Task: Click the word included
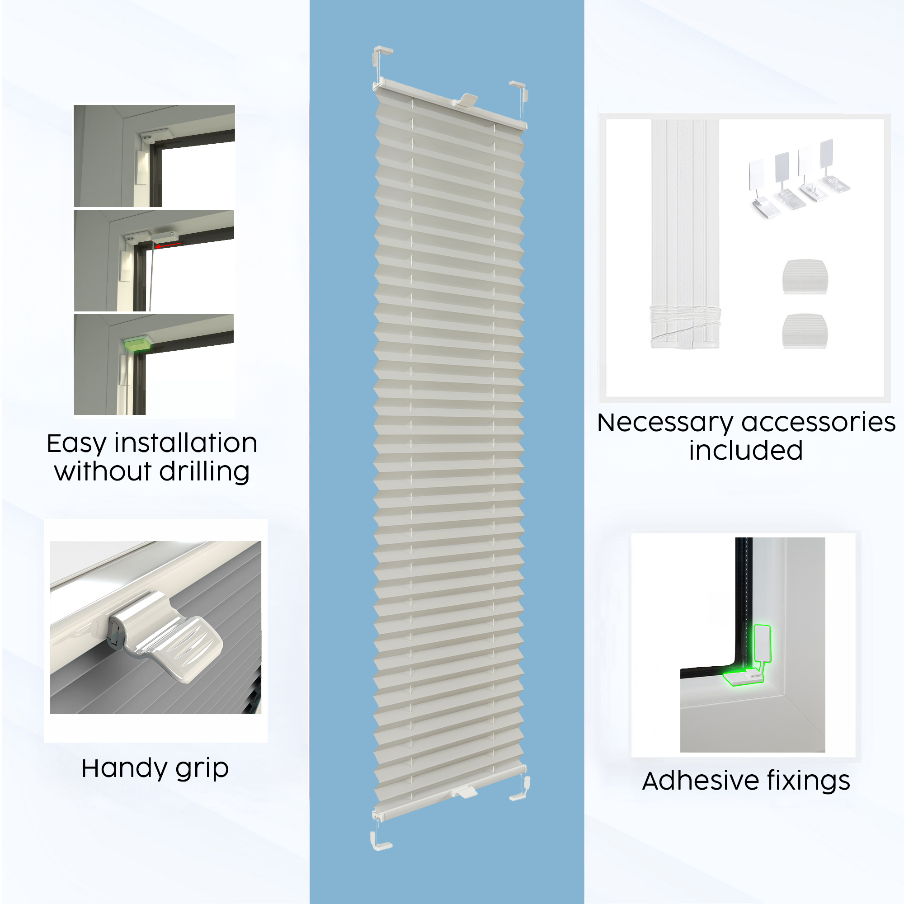click(746, 451)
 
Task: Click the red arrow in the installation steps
click(169, 245)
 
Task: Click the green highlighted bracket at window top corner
click(137, 343)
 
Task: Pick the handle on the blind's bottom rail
click(464, 792)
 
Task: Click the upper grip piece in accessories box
click(805, 277)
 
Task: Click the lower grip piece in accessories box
click(805, 331)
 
